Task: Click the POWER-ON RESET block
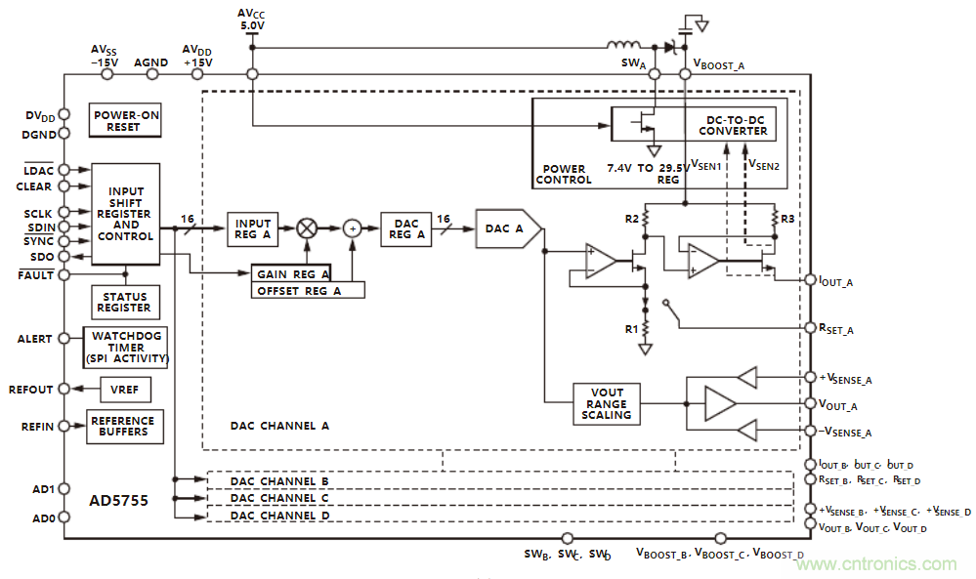[x=126, y=120]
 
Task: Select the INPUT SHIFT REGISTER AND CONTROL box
[x=126, y=214]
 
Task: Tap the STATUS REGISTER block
[x=124, y=302]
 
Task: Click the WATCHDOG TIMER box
[x=128, y=347]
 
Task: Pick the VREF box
[x=125, y=390]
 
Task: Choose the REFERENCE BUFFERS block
[x=125, y=427]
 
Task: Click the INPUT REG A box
[x=253, y=229]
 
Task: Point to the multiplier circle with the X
[x=307, y=228]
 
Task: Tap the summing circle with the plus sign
[x=352, y=228]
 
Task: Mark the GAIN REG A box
[x=290, y=274]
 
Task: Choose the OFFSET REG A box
[x=307, y=290]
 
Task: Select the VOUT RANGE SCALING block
[x=607, y=403]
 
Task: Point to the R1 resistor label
[x=631, y=329]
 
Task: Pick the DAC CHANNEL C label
[x=279, y=498]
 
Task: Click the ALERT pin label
[x=34, y=339]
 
